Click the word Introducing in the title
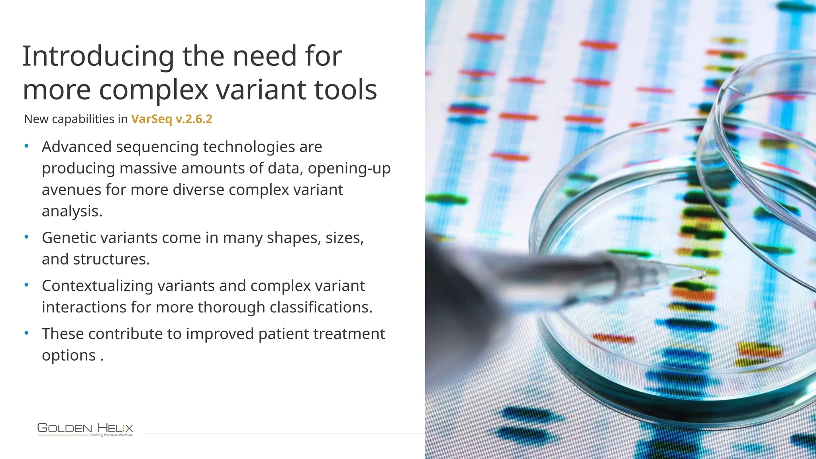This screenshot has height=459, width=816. pos(98,57)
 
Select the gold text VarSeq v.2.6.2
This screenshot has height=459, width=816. pos(172,119)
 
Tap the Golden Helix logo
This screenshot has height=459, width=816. pos(85,430)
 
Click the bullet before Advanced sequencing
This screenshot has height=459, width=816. pos(27,146)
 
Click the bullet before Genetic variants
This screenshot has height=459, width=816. pos(27,237)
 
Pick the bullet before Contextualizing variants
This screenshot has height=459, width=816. pos(27,285)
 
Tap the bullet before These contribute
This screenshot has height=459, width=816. pos(27,333)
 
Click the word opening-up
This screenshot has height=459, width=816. pos(349,169)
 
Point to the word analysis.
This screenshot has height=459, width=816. pos(72,212)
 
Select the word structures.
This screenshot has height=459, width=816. pos(111,259)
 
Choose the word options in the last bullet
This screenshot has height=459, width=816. pos(69,356)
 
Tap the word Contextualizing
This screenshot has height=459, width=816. pos(97,286)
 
